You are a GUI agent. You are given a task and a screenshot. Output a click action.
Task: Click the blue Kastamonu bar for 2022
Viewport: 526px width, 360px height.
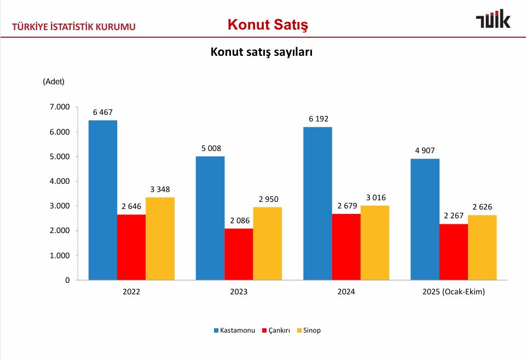(x=103, y=200)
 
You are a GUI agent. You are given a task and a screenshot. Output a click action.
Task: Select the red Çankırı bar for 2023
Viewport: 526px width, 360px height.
(x=239, y=254)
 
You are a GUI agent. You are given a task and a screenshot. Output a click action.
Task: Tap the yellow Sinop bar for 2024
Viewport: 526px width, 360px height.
(x=375, y=243)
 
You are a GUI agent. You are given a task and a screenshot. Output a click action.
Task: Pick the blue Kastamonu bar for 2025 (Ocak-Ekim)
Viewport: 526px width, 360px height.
(x=425, y=219)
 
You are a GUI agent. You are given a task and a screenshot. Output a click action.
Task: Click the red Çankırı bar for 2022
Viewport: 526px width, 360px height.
(x=131, y=247)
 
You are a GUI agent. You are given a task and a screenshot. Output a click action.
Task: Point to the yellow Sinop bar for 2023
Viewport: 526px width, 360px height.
(x=267, y=243)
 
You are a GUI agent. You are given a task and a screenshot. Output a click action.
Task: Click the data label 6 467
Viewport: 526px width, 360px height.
(x=103, y=112)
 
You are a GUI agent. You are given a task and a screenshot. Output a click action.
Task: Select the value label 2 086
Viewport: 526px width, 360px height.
(x=239, y=220)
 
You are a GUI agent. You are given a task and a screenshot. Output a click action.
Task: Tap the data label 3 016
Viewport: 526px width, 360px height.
(x=375, y=197)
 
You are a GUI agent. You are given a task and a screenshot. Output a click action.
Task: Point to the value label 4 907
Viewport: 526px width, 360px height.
(x=425, y=150)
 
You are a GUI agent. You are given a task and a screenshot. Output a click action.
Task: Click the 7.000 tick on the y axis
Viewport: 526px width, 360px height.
(x=60, y=107)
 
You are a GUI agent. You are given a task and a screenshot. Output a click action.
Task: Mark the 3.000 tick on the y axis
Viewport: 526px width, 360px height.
(x=60, y=206)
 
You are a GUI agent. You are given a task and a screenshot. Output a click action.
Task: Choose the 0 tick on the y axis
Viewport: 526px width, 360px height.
(x=67, y=280)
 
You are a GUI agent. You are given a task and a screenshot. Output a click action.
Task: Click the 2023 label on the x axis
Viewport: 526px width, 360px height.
(x=239, y=292)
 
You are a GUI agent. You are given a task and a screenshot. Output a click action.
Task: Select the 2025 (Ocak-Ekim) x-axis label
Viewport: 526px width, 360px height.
(x=454, y=292)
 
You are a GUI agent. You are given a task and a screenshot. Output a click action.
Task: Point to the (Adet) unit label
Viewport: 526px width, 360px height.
(x=54, y=82)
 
